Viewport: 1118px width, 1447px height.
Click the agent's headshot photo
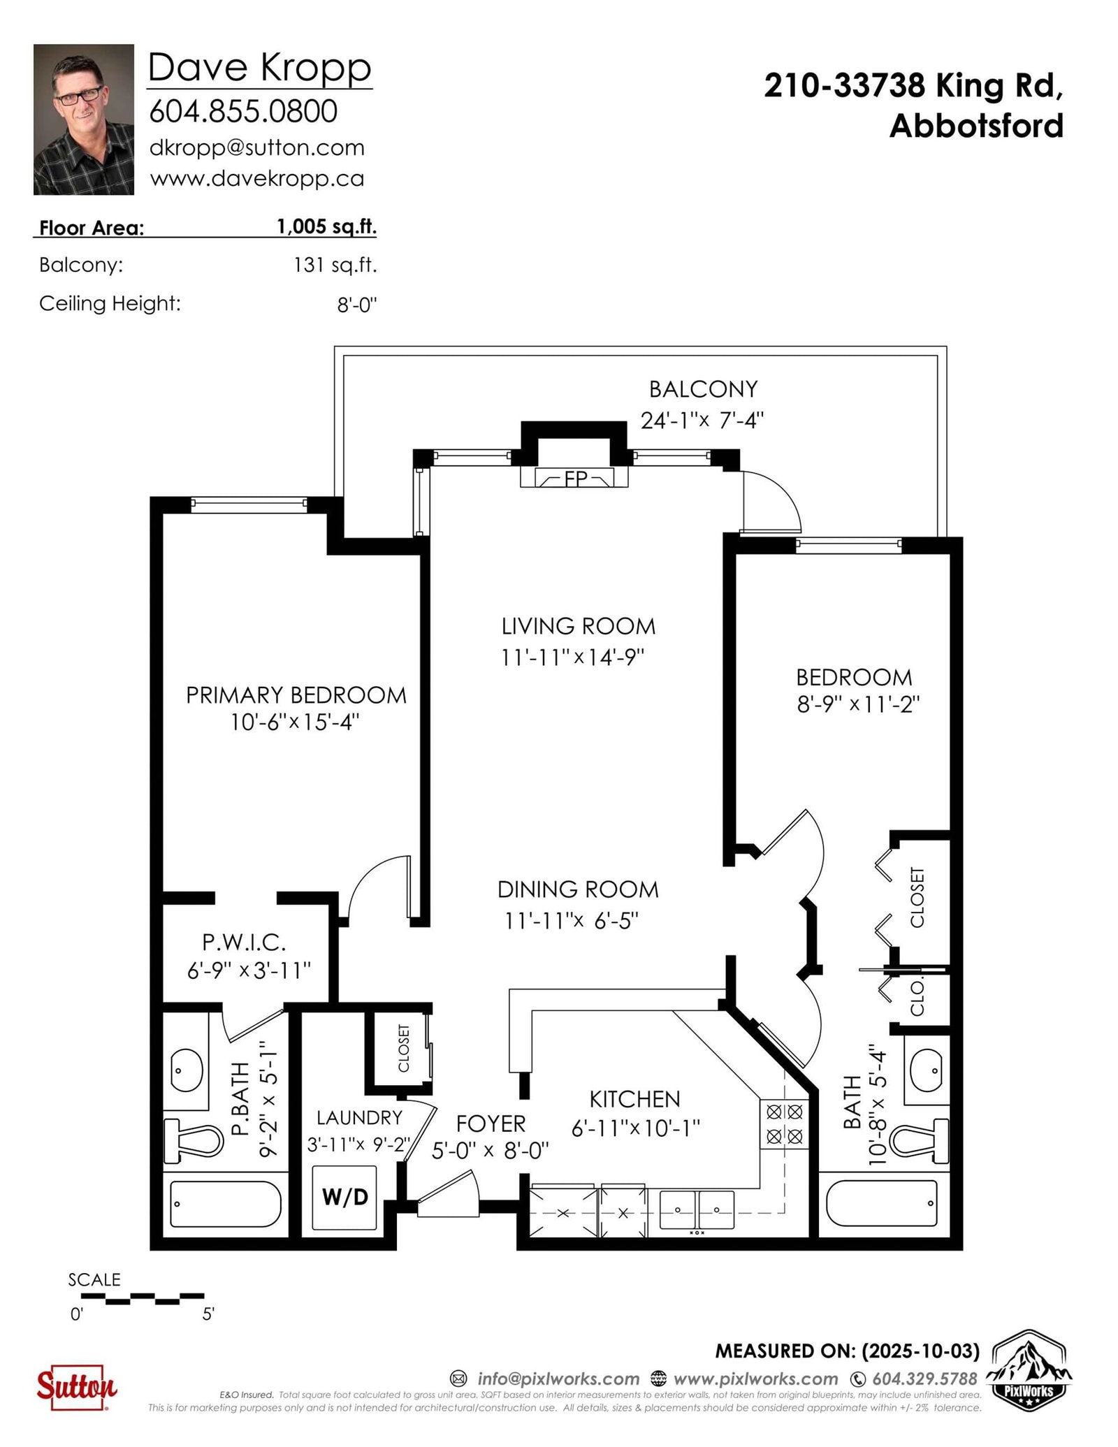coord(84,119)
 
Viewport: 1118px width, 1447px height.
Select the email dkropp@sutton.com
coord(257,148)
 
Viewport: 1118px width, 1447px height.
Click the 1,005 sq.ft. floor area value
coord(326,227)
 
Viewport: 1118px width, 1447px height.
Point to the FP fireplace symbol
coord(574,478)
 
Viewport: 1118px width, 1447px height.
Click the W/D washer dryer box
coord(344,1198)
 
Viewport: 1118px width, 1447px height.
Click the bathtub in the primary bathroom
coord(226,1204)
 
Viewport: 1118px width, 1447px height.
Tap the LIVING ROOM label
coord(579,627)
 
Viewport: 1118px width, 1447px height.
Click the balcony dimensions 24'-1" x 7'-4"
coord(702,421)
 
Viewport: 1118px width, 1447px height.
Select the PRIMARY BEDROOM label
coord(296,695)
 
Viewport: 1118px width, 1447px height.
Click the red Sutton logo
coord(77,1383)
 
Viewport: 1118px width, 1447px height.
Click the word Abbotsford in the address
coord(976,126)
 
